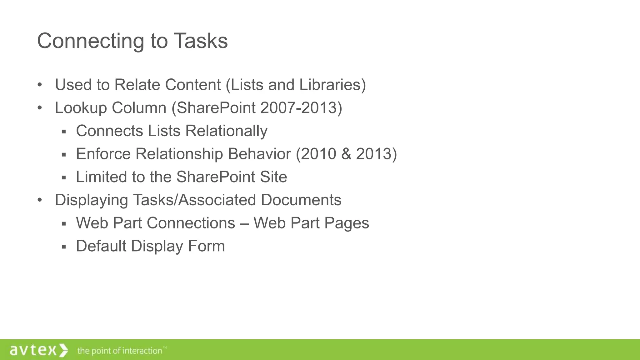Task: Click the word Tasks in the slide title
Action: [x=201, y=41]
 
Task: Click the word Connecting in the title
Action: [x=90, y=41]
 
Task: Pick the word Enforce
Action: [x=103, y=154]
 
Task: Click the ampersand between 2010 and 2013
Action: [x=346, y=154]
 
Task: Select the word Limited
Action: [x=102, y=177]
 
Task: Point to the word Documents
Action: [x=301, y=200]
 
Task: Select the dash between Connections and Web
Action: [x=244, y=223]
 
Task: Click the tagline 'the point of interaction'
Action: [x=120, y=351]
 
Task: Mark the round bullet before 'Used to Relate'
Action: [x=39, y=85]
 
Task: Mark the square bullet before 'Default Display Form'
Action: [x=64, y=247]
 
